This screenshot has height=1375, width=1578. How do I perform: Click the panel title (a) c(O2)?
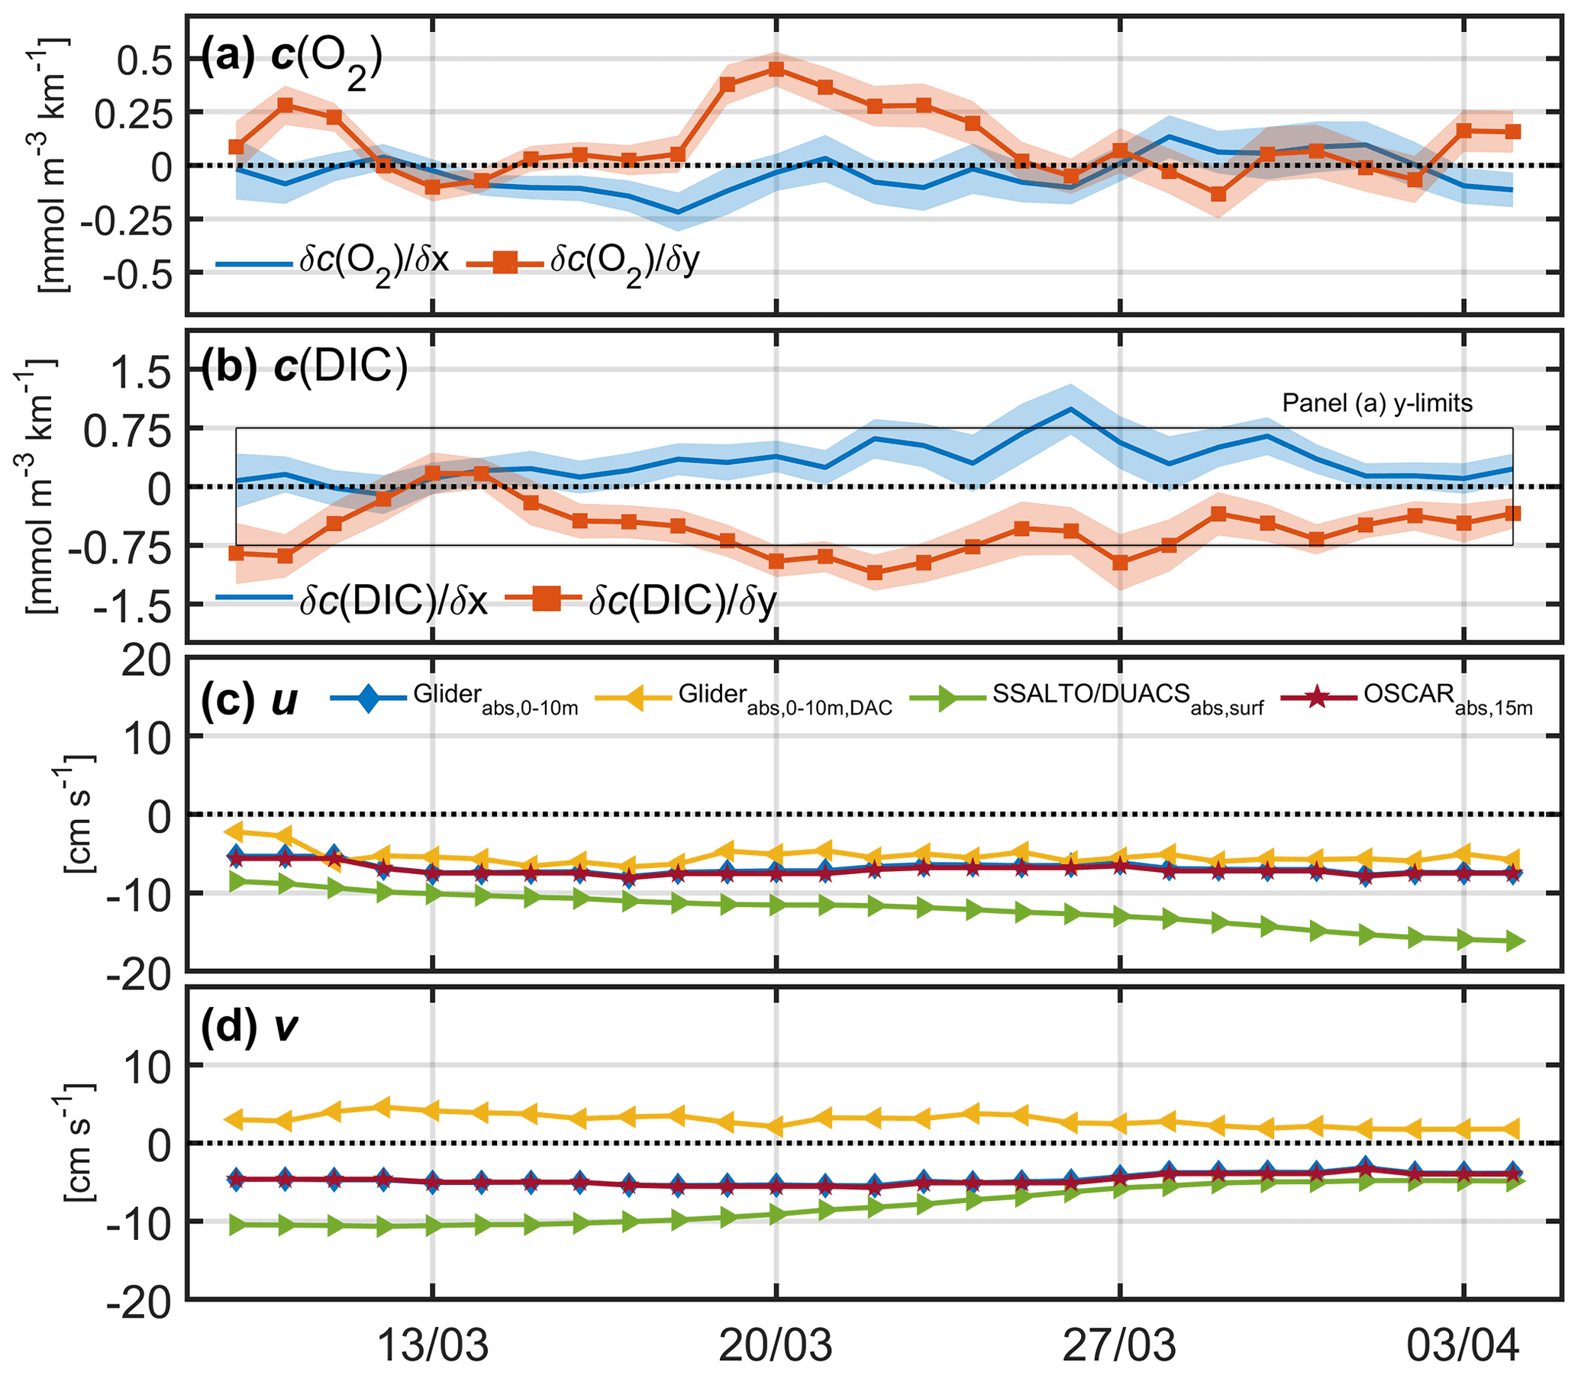292,61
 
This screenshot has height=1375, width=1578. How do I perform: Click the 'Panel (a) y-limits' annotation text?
1377,404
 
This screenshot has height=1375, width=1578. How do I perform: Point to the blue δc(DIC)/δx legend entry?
353,600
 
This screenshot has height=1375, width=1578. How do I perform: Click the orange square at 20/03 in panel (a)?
776,69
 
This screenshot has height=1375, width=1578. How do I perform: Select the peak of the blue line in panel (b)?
1070,409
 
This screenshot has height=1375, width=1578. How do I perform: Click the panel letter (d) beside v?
228,1027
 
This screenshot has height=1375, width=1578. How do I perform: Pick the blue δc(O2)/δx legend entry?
333,263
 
